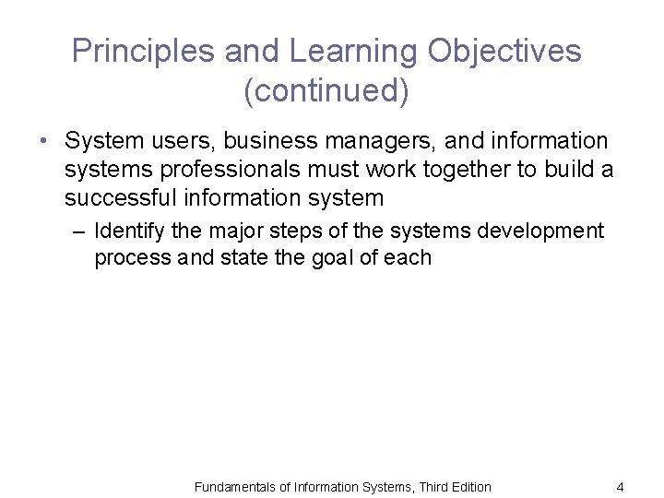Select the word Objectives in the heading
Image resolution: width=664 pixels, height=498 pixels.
504,52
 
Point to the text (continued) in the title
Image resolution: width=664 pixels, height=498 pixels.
326,91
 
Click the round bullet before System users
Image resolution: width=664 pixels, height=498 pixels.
43,142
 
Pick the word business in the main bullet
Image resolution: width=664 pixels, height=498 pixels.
281,141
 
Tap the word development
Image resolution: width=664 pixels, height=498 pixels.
539,230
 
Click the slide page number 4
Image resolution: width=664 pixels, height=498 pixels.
620,487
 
